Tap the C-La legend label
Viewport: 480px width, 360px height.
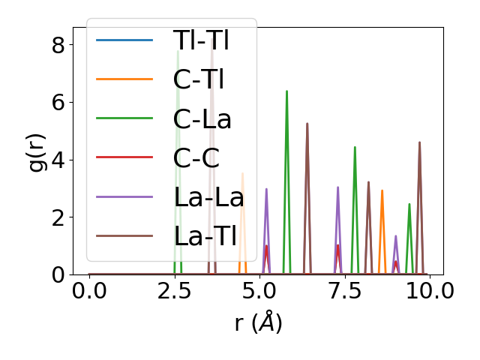[x=202, y=118]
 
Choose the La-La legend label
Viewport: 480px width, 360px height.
[x=208, y=197]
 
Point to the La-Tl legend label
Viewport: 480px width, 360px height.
[x=205, y=236]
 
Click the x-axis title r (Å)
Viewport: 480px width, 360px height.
[x=258, y=322]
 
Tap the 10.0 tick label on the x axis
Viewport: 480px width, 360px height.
[x=429, y=291]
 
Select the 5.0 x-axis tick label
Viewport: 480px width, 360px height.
[x=259, y=291]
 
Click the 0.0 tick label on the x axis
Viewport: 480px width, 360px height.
[x=89, y=291]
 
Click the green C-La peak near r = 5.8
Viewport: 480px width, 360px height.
[x=286, y=91]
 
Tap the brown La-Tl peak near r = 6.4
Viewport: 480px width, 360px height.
[x=307, y=124]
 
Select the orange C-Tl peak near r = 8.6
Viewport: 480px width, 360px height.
[x=382, y=190]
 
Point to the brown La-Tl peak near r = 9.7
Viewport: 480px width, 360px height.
[x=419, y=142]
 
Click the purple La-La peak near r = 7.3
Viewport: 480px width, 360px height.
[x=337, y=187]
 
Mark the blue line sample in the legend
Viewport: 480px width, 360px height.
[x=124, y=40]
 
